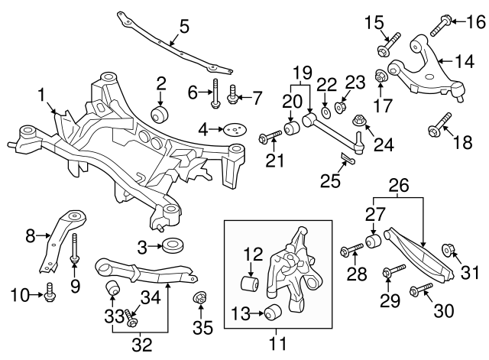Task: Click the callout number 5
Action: point(184,28)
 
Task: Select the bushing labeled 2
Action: point(161,115)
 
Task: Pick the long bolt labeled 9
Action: point(76,249)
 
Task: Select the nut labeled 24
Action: point(358,122)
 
